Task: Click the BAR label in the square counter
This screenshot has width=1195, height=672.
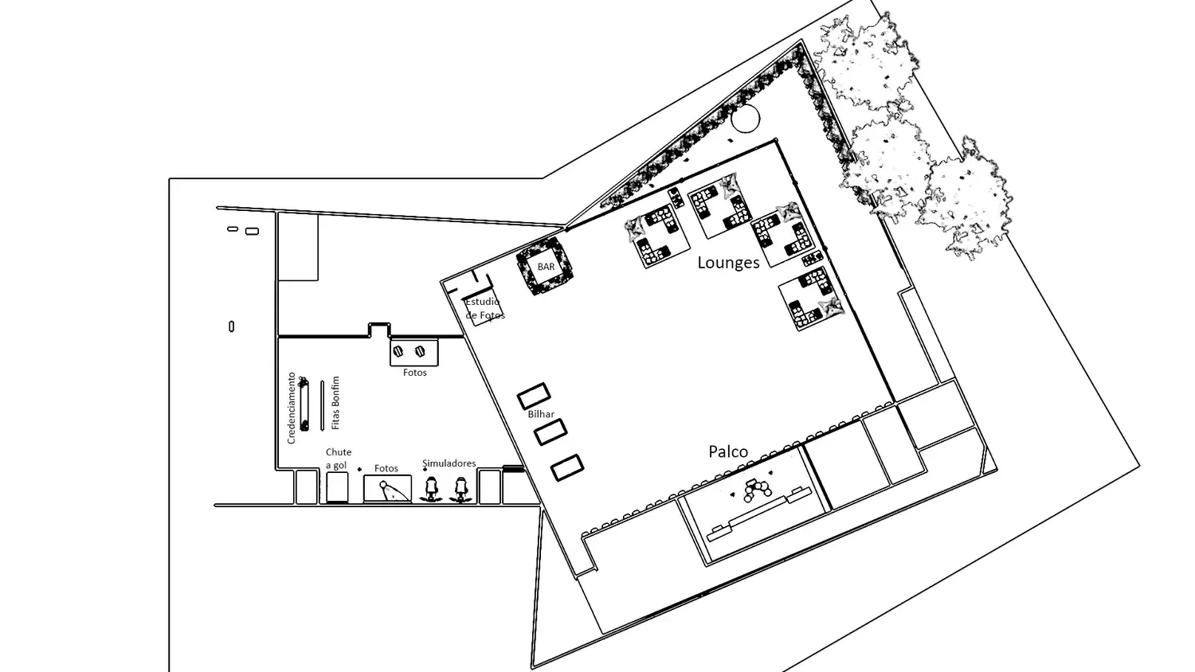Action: (x=546, y=267)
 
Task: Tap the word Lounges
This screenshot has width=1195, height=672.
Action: (x=728, y=263)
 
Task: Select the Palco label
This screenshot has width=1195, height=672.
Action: (x=728, y=451)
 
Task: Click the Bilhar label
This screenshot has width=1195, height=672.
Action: (x=541, y=414)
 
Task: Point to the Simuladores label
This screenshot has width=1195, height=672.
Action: (x=449, y=463)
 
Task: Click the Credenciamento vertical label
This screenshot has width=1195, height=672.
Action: (x=292, y=408)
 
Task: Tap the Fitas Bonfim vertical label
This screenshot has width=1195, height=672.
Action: (x=335, y=403)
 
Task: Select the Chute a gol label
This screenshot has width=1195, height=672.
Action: (x=339, y=459)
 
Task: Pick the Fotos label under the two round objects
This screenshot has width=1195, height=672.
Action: (x=414, y=373)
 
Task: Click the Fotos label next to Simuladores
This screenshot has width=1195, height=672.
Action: (x=386, y=468)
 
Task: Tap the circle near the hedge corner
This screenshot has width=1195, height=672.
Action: (x=745, y=119)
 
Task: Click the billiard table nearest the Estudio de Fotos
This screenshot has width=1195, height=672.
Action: (x=534, y=396)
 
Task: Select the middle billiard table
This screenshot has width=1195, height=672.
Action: (x=550, y=432)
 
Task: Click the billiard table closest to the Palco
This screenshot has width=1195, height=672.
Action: (x=567, y=467)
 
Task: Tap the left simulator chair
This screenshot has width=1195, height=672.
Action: (x=431, y=490)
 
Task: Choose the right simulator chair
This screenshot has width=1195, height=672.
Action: (x=460, y=490)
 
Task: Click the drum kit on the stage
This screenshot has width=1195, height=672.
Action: (x=755, y=490)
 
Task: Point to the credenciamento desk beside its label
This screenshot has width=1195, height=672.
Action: (x=304, y=404)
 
